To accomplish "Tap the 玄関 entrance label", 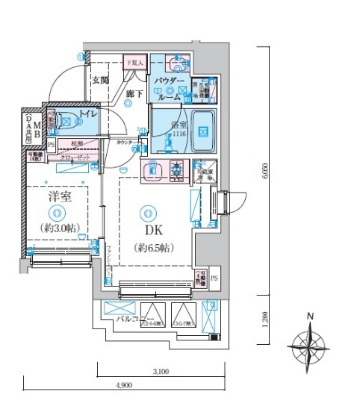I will pos(100,80).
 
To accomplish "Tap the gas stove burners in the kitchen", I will pos(178,170).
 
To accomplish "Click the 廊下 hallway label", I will pos(134,93).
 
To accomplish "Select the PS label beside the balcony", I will pos(214,278).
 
